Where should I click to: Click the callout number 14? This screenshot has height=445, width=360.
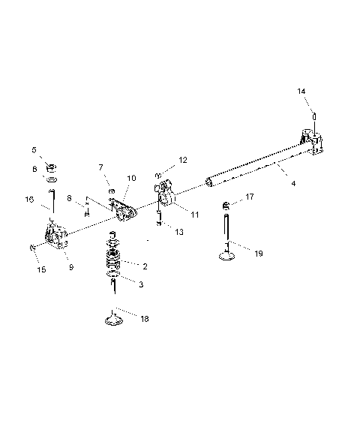coord(301,91)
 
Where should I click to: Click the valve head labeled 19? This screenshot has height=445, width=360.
coord(227,256)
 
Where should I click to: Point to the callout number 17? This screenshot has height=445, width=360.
coord(250,197)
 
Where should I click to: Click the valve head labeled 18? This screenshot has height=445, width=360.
coord(113,321)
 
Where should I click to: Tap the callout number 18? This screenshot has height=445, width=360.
coord(144,319)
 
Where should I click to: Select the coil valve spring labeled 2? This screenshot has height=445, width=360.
coord(114,263)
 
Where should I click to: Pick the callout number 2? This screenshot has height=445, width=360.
coord(145,266)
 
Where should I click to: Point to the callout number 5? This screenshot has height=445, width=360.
coord(34,149)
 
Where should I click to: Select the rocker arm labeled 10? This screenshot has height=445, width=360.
coord(124,215)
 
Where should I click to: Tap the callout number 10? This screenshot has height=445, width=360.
coord(131,179)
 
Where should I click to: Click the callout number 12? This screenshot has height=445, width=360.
coord(182,160)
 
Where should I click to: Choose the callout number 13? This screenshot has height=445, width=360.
coord(178,232)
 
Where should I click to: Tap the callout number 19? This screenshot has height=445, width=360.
coord(258,254)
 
